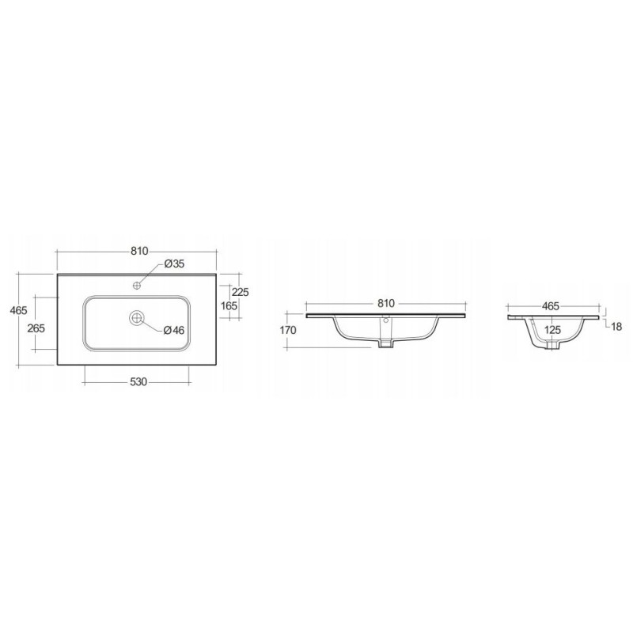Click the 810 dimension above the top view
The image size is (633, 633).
pos(139,251)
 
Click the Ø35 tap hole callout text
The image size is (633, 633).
pos(174,263)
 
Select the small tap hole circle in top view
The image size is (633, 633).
pos(137,286)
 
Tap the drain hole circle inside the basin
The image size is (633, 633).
pos(137,318)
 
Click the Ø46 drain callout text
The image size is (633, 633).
pos(174,330)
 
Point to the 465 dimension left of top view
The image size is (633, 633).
pos(18,310)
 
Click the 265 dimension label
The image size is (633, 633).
pos(36,328)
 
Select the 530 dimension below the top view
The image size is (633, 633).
pos(138,381)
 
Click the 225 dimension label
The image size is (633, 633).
pos(241,292)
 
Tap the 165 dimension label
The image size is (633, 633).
pos(229,305)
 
